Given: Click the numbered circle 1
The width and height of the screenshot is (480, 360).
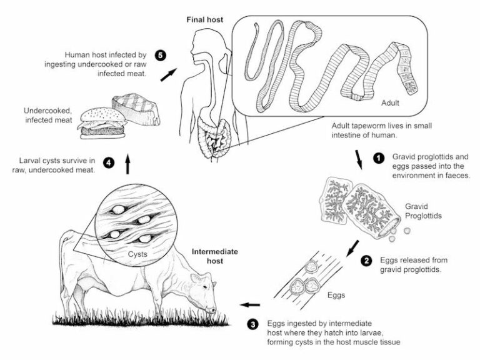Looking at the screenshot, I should click(x=378, y=158).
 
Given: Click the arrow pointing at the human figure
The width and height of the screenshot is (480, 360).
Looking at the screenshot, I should click(x=167, y=75).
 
